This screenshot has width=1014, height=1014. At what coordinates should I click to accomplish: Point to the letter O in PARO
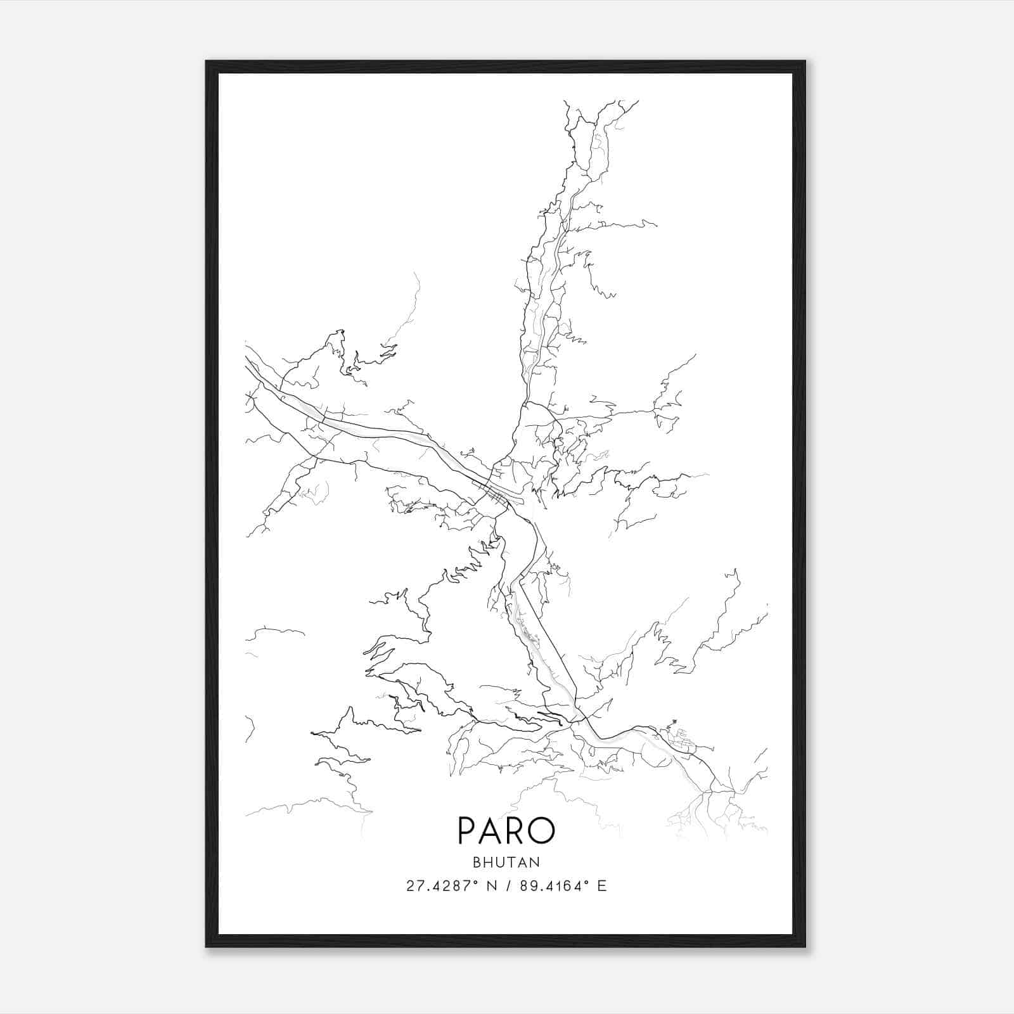[x=542, y=831]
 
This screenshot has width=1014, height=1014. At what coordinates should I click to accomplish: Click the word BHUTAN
[x=506, y=862]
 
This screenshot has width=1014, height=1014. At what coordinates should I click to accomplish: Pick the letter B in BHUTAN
[x=477, y=862]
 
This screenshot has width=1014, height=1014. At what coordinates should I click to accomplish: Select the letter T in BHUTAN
[x=513, y=862]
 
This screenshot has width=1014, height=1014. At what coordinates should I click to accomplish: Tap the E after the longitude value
[x=602, y=886]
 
